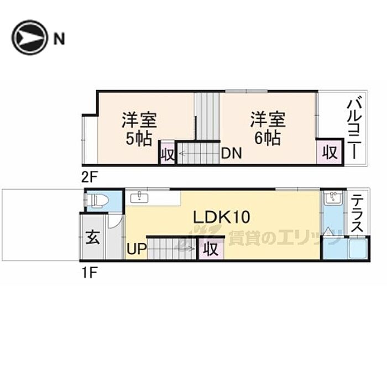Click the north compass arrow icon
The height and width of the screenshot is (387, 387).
point(29,38)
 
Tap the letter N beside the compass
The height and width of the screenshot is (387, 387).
point(59,38)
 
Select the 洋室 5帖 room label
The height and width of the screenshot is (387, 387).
point(139,128)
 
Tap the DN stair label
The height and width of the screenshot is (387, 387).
point(231,154)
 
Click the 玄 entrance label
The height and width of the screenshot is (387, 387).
point(92,239)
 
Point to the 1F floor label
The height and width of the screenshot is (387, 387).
point(90,272)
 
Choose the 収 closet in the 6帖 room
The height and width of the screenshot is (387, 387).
point(330,153)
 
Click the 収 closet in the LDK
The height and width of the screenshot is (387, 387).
point(211,249)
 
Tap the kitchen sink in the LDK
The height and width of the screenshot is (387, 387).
point(139,196)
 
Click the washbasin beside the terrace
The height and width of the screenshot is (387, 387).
point(332,198)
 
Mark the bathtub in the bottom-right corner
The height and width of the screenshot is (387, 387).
point(356,249)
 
